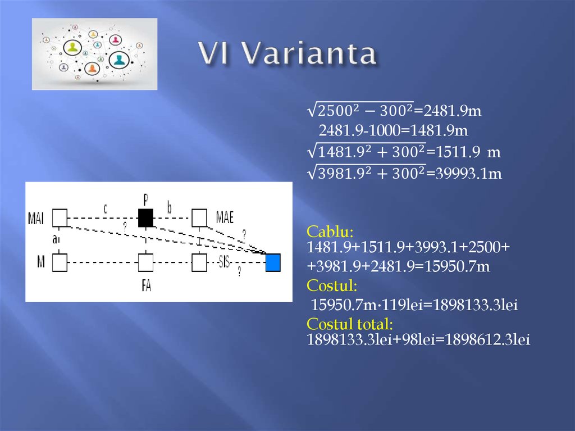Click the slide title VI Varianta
pos(287,55)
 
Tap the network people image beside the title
pos(94,54)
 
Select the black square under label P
pos(145,217)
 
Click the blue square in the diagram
pos(273,262)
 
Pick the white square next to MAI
pos(60,217)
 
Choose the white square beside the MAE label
pos(199,217)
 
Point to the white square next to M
pos(60,262)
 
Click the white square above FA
pos(145,262)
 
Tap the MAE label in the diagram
pos(225,218)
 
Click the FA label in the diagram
pos(146,285)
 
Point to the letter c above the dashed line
pos(105,208)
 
